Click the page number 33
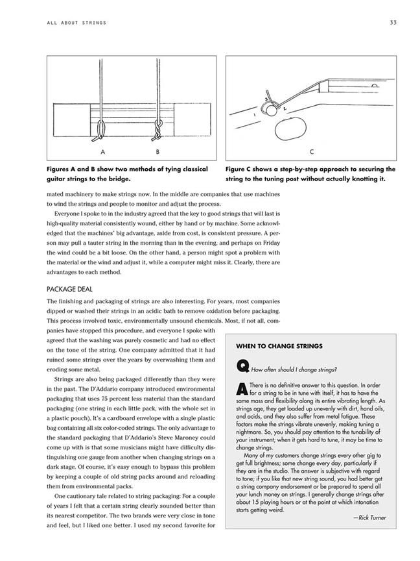[x=393, y=23]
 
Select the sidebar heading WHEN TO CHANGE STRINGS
[x=279, y=346]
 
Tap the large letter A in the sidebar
[x=242, y=388]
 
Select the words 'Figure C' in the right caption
[x=241, y=169]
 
